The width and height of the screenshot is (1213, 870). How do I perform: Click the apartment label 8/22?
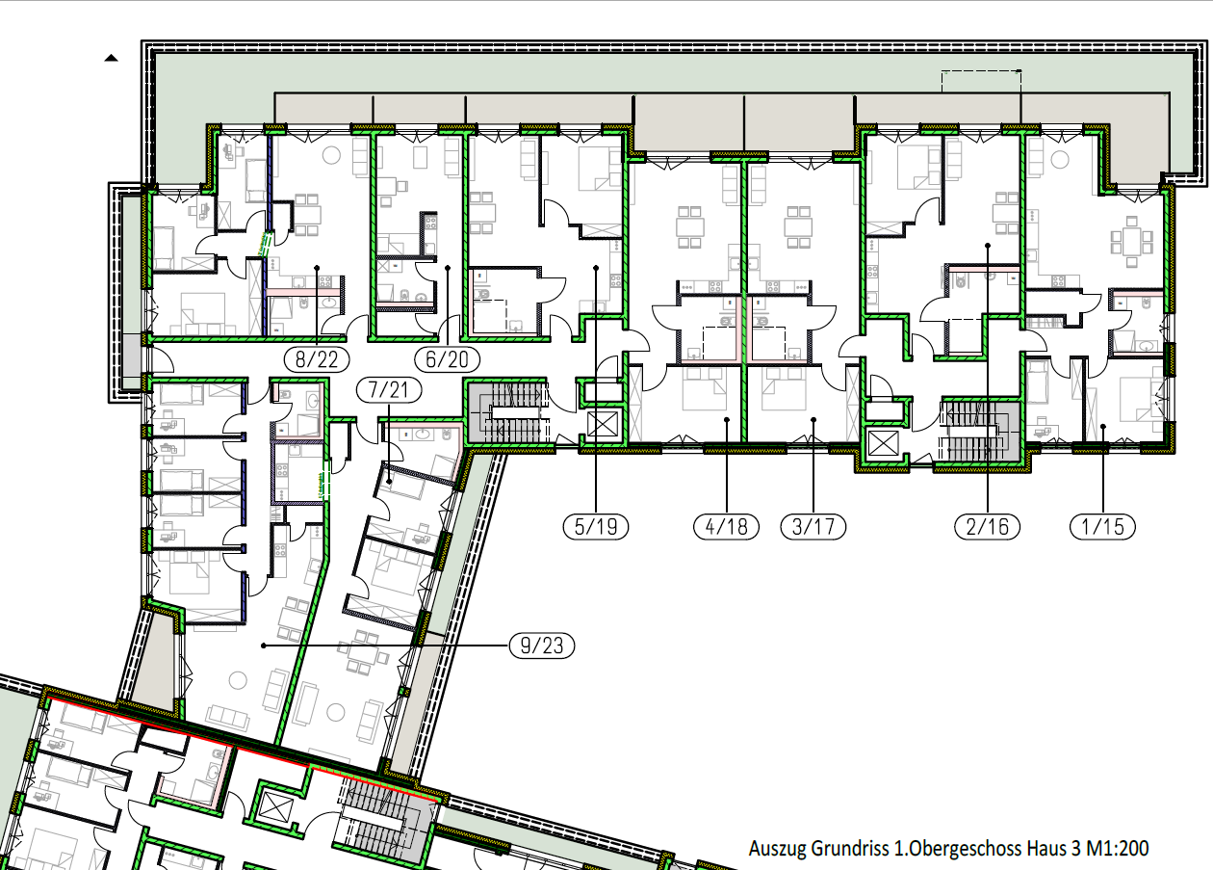tap(317, 359)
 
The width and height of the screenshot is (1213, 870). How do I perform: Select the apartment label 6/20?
tap(447, 359)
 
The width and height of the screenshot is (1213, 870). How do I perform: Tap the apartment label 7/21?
tap(389, 390)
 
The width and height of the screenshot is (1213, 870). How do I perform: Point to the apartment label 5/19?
tap(596, 527)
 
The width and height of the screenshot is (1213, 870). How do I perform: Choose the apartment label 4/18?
tap(726, 527)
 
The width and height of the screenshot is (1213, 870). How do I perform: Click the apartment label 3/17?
tap(813, 527)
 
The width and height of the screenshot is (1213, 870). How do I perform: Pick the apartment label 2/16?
tap(987, 527)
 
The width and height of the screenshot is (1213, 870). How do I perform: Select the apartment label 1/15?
tap(1102, 527)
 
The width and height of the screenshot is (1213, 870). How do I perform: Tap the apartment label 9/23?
tap(541, 646)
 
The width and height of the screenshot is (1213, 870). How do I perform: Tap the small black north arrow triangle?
tap(111, 58)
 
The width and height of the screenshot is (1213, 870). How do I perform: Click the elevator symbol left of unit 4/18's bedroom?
tap(603, 424)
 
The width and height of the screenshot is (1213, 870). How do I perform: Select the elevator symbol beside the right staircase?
tap(883, 444)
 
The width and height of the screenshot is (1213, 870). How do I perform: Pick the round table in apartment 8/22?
tap(331, 156)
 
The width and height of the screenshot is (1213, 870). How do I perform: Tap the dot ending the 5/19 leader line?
tap(596, 268)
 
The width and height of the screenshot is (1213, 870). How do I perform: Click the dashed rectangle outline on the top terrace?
tap(981, 81)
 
